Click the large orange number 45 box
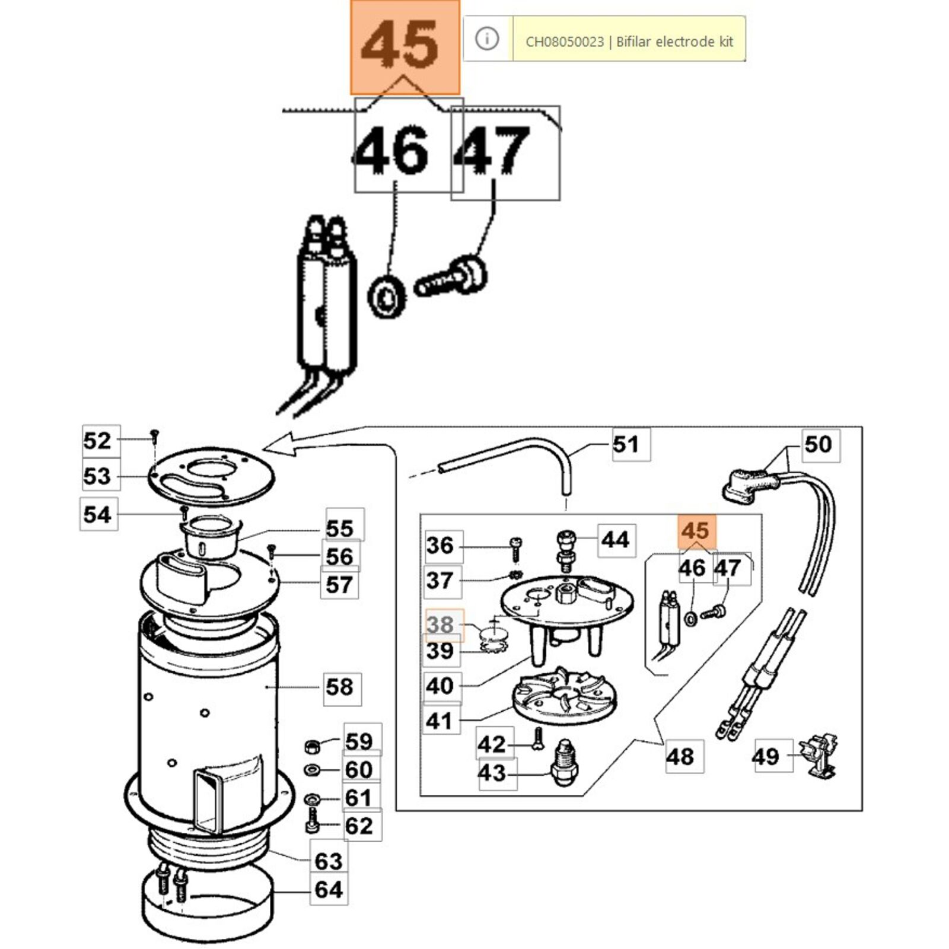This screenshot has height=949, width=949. [x=405, y=47]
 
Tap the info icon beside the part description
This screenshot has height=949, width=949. [x=487, y=39]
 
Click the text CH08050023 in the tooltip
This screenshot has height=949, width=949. [x=565, y=42]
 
